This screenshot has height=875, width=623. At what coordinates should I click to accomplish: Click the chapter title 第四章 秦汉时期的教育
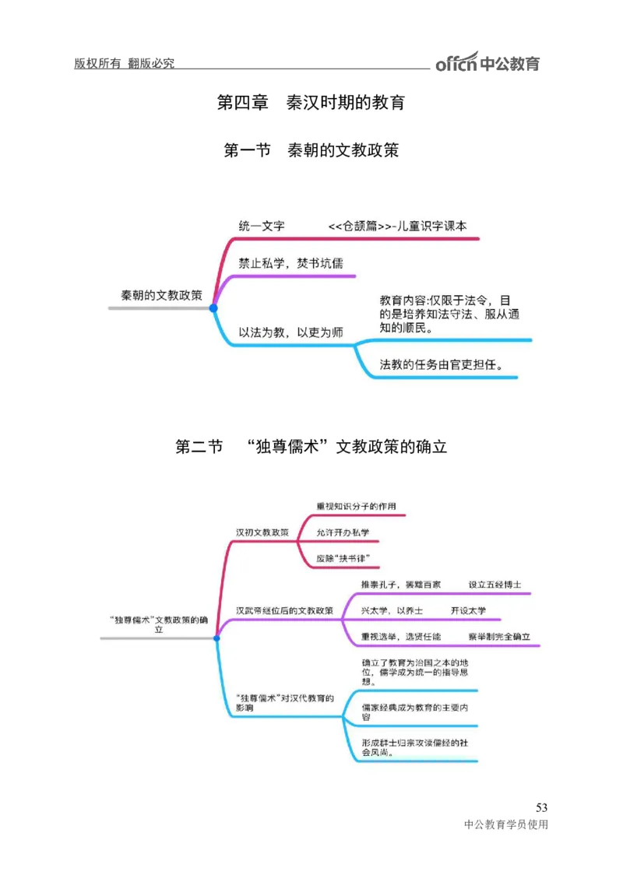(311, 102)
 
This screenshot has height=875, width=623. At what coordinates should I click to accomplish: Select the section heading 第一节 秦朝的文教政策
(311, 149)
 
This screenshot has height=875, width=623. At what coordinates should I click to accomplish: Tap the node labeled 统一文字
(261, 226)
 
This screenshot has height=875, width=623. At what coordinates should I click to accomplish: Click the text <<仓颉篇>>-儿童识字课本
(397, 226)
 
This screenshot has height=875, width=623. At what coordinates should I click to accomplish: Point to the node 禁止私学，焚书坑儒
(290, 263)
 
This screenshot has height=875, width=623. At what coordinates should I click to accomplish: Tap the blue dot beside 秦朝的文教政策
(213, 308)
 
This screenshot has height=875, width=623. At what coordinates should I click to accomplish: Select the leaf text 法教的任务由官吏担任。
(441, 364)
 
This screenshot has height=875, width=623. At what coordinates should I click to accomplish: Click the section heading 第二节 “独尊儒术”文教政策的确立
(311, 447)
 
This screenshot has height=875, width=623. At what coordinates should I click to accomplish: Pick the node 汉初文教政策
(262, 532)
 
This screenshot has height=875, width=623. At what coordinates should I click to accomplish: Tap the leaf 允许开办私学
(343, 532)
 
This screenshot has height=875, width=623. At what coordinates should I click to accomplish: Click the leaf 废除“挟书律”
(343, 558)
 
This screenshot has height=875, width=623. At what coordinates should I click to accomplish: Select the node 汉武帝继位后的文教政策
(284, 610)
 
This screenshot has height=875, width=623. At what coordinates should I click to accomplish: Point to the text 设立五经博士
(495, 584)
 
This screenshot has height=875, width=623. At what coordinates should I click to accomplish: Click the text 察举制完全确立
(499, 636)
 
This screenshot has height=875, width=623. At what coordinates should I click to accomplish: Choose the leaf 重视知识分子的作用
(356, 506)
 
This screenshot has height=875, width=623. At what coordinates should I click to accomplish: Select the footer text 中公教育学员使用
(505, 825)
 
